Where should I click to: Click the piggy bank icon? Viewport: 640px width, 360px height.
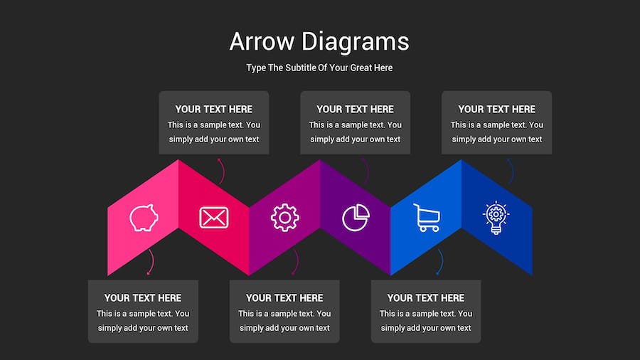pyautogui.click(x=144, y=218)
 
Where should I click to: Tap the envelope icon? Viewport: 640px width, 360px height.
pyautogui.click(x=214, y=218)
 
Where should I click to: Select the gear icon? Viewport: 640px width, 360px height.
pyautogui.click(x=285, y=218)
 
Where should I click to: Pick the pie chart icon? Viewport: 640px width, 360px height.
pyautogui.click(x=356, y=218)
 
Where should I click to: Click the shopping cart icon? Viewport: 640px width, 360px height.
pyautogui.click(x=427, y=218)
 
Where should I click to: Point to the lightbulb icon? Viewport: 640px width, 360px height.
pyautogui.click(x=496, y=218)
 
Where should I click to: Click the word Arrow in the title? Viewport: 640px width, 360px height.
pyautogui.click(x=262, y=42)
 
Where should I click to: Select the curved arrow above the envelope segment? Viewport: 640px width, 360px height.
pyautogui.click(x=223, y=171)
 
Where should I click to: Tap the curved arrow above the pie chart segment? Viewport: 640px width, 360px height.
pyautogui.click(x=367, y=171)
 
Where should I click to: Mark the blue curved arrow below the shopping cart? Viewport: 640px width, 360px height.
pyautogui.click(x=441, y=262)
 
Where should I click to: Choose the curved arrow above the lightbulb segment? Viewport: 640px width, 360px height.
pyautogui.click(x=512, y=171)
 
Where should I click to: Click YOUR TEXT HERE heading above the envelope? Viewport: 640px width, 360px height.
pyautogui.click(x=214, y=110)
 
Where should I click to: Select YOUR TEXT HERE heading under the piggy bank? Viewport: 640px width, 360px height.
pyautogui.click(x=143, y=298)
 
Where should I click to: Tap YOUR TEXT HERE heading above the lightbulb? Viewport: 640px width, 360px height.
pyautogui.click(x=497, y=110)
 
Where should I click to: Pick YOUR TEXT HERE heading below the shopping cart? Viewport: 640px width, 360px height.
pyautogui.click(x=426, y=298)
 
